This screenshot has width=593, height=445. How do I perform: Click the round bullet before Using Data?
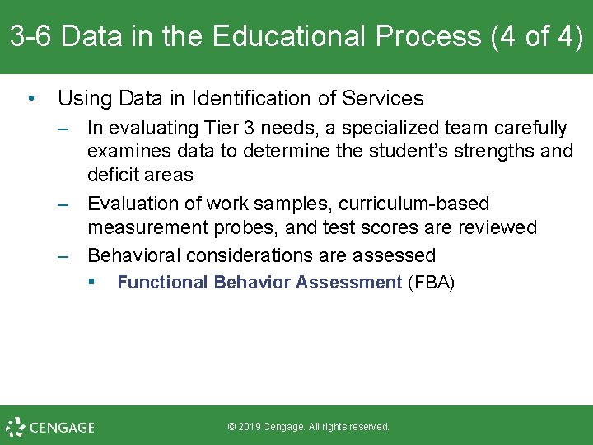coord(30,99)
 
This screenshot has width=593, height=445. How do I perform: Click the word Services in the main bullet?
coord(381,99)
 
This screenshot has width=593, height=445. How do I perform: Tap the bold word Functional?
coord(162,283)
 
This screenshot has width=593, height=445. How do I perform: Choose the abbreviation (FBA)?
coord(431,283)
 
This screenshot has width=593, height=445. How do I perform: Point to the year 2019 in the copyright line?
coord(250,427)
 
